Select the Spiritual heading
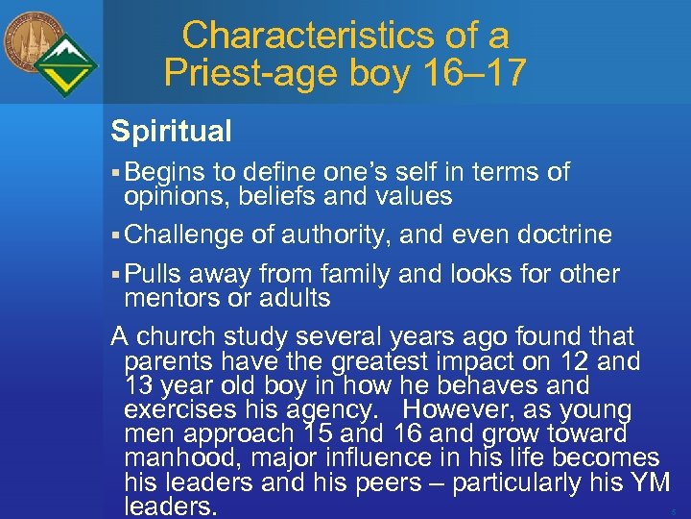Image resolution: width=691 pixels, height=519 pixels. coord(171,131)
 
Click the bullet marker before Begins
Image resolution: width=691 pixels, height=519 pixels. coord(115,173)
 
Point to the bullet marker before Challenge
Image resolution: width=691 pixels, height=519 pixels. coord(115,235)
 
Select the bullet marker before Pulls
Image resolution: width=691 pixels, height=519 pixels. coord(115,275)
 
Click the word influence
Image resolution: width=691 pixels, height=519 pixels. coord(384,458)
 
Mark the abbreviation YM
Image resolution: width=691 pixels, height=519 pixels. coord(648,482)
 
